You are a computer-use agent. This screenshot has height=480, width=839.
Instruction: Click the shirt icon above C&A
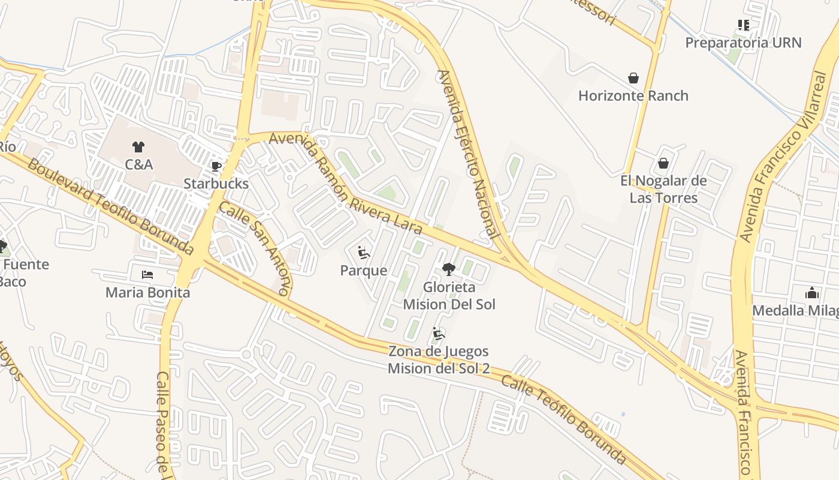[138, 146]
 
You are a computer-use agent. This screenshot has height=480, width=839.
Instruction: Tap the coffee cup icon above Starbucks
[216, 166]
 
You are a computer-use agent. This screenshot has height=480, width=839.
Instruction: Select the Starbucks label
[216, 184]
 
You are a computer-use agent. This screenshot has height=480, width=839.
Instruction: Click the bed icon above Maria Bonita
[147, 275]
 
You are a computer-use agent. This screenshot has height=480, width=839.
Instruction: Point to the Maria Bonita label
[147, 293]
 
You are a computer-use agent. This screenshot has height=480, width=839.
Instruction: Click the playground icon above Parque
[364, 253]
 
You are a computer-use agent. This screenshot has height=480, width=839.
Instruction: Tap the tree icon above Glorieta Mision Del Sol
[448, 269]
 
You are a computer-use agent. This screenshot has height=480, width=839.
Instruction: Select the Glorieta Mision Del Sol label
[449, 296]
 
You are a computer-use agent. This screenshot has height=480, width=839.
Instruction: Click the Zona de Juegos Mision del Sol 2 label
[439, 359]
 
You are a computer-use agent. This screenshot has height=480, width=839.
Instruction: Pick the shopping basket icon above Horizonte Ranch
[633, 78]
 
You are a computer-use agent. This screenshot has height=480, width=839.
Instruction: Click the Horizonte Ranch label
[633, 95]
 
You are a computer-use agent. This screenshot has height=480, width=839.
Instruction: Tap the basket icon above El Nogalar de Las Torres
[663, 163]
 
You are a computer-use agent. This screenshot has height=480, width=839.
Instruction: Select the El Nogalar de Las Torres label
[663, 189]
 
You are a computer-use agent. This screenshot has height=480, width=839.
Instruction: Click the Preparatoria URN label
[743, 43]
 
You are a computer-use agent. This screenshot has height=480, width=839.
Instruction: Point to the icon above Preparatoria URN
[744, 25]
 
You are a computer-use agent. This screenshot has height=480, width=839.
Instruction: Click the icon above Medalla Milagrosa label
[812, 293]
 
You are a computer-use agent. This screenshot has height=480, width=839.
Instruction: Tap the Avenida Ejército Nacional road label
[468, 154]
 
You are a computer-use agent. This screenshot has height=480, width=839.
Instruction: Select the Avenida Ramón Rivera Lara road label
[345, 183]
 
